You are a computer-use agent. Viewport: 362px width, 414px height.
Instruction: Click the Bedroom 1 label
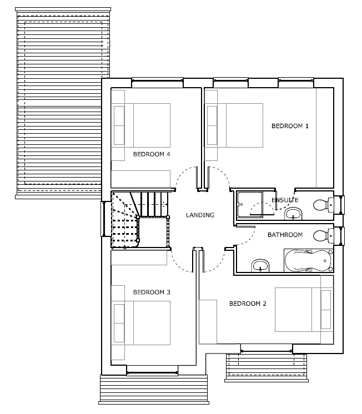click(x=290, y=126)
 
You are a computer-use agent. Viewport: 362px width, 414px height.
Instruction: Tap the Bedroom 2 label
click(x=248, y=304)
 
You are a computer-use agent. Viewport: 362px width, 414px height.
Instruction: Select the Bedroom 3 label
click(x=152, y=292)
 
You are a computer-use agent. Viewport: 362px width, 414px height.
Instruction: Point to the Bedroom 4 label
click(x=152, y=154)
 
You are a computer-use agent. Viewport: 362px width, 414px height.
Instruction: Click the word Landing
click(x=200, y=215)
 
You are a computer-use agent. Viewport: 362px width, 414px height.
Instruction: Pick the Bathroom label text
click(x=285, y=235)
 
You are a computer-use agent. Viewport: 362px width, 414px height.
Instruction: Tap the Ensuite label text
click(x=285, y=200)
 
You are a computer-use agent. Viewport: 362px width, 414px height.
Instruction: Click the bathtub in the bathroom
click(x=308, y=260)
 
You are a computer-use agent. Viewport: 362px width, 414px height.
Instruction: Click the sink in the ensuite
click(x=293, y=214)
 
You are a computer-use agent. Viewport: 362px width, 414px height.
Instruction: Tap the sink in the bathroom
click(x=260, y=265)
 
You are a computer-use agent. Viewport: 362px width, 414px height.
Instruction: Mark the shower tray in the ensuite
click(x=250, y=205)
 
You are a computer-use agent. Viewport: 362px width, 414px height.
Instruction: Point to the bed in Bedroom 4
click(x=142, y=125)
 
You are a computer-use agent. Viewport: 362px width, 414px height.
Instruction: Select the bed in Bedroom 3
click(x=142, y=323)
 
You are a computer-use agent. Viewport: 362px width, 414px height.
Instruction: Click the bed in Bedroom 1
click(x=235, y=125)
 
